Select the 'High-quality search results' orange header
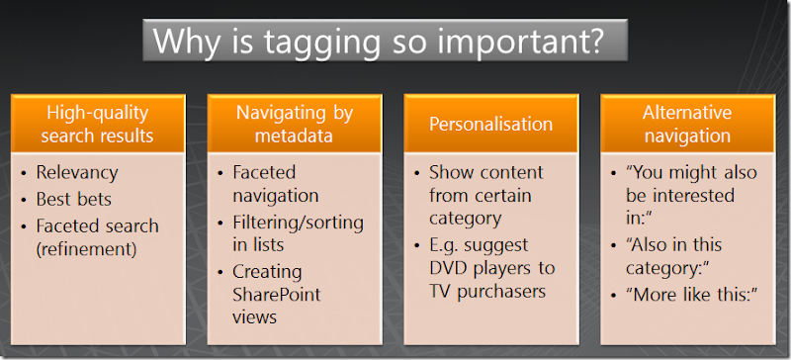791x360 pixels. point(99,124)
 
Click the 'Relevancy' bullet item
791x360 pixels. point(77,172)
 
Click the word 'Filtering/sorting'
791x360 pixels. point(298,222)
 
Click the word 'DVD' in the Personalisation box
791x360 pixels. point(450,269)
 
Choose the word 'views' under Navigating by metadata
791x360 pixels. point(255,317)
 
